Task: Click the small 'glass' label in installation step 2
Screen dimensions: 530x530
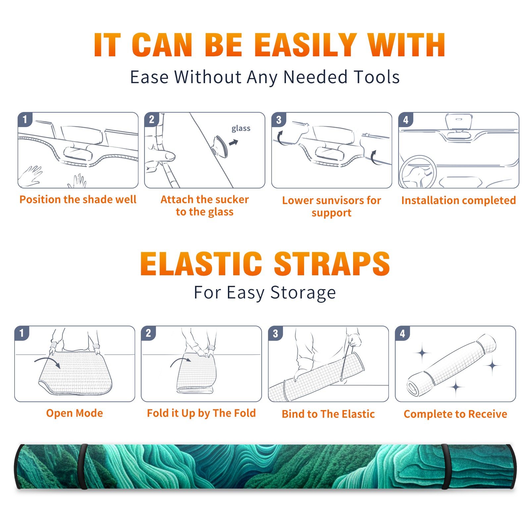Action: [x=241, y=129]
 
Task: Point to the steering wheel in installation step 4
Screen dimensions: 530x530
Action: [x=418, y=172]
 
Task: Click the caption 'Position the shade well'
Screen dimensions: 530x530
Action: [x=78, y=199]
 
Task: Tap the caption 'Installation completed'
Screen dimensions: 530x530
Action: [x=458, y=200]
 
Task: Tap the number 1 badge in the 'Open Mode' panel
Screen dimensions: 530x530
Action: [x=22, y=333]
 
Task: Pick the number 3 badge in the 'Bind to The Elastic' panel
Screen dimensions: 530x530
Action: [x=275, y=333]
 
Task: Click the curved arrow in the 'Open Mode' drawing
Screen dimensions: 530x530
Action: [x=47, y=362]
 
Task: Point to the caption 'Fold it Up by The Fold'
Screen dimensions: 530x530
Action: [x=201, y=413]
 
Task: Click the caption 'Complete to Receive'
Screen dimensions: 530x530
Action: [x=455, y=414]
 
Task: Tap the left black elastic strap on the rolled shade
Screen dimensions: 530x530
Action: [x=83, y=467]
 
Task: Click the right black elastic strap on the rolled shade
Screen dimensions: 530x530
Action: [x=445, y=467]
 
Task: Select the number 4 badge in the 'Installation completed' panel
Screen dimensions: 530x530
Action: [x=406, y=120]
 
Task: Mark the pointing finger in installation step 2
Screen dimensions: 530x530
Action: [x=163, y=155]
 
